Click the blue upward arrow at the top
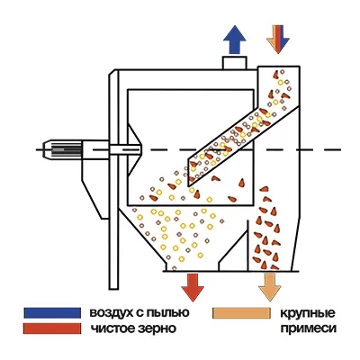click(x=235, y=40)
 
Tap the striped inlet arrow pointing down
click(x=278, y=40)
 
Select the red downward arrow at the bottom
click(x=193, y=287)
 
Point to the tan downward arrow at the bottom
click(x=270, y=287)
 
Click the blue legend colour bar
click(x=52, y=312)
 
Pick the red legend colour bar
click(x=52, y=328)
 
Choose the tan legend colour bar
click(x=241, y=312)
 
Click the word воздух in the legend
click(x=111, y=313)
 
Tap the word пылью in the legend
click(x=168, y=313)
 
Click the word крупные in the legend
click(x=308, y=314)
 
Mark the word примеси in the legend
click(x=308, y=328)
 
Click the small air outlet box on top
click(x=235, y=63)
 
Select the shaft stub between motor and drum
click(x=125, y=149)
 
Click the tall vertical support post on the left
click(x=113, y=179)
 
